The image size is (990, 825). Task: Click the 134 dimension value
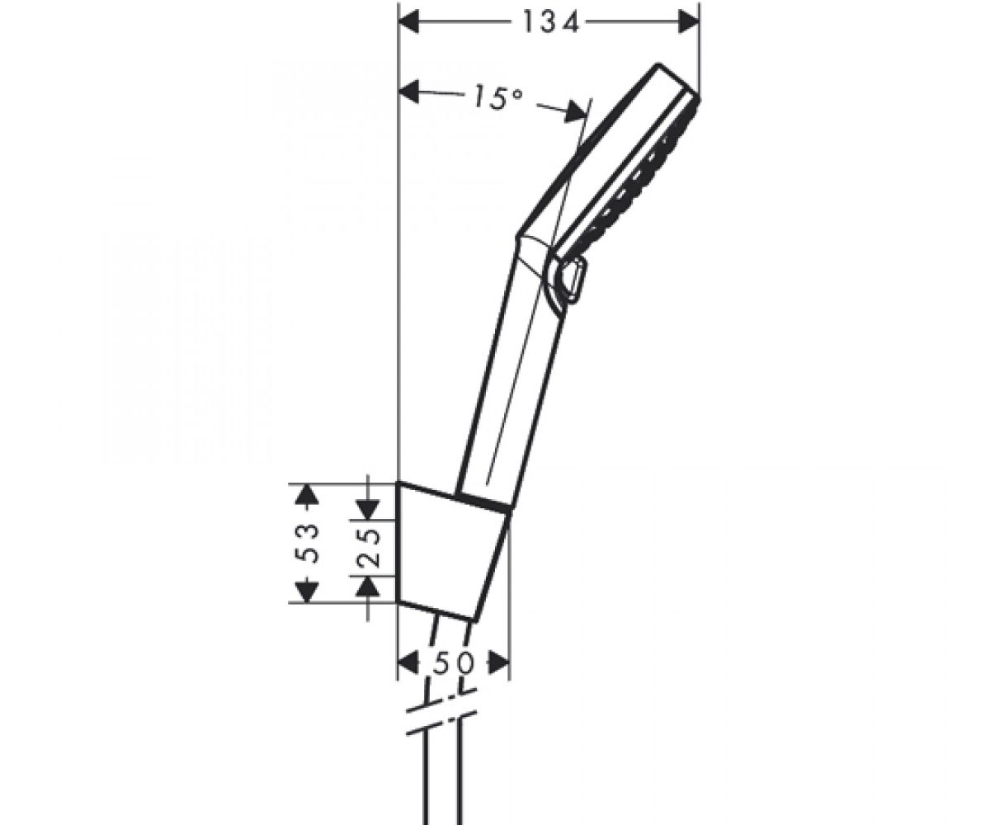(550, 23)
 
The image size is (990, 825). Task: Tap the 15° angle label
(497, 99)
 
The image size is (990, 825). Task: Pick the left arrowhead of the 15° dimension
(408, 92)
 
